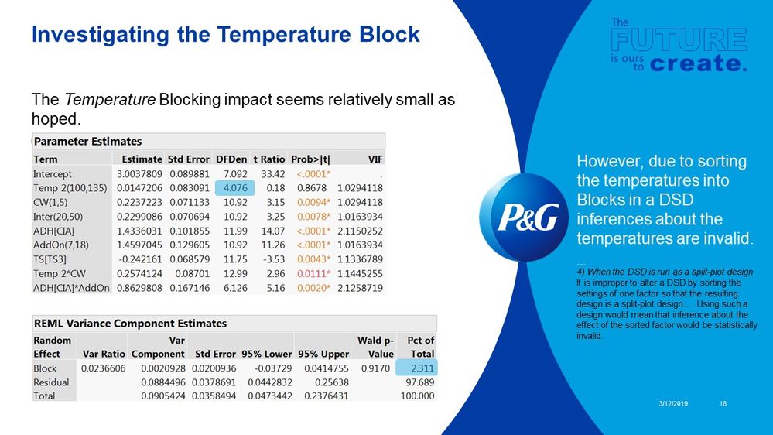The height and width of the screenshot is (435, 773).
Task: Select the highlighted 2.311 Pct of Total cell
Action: click(x=416, y=368)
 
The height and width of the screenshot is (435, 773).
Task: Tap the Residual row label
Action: click(x=51, y=382)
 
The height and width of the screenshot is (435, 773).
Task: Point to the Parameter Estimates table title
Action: click(x=87, y=142)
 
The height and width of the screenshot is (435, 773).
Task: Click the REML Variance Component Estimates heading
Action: click(x=130, y=323)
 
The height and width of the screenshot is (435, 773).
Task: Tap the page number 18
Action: click(x=723, y=403)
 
